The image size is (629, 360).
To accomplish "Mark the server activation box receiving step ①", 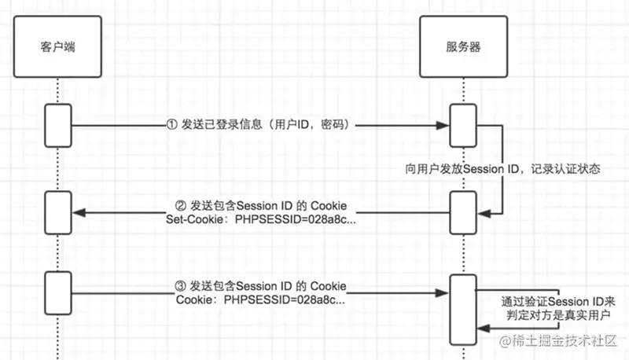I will [x=462, y=126].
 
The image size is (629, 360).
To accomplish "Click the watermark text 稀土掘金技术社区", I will [x=567, y=342].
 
